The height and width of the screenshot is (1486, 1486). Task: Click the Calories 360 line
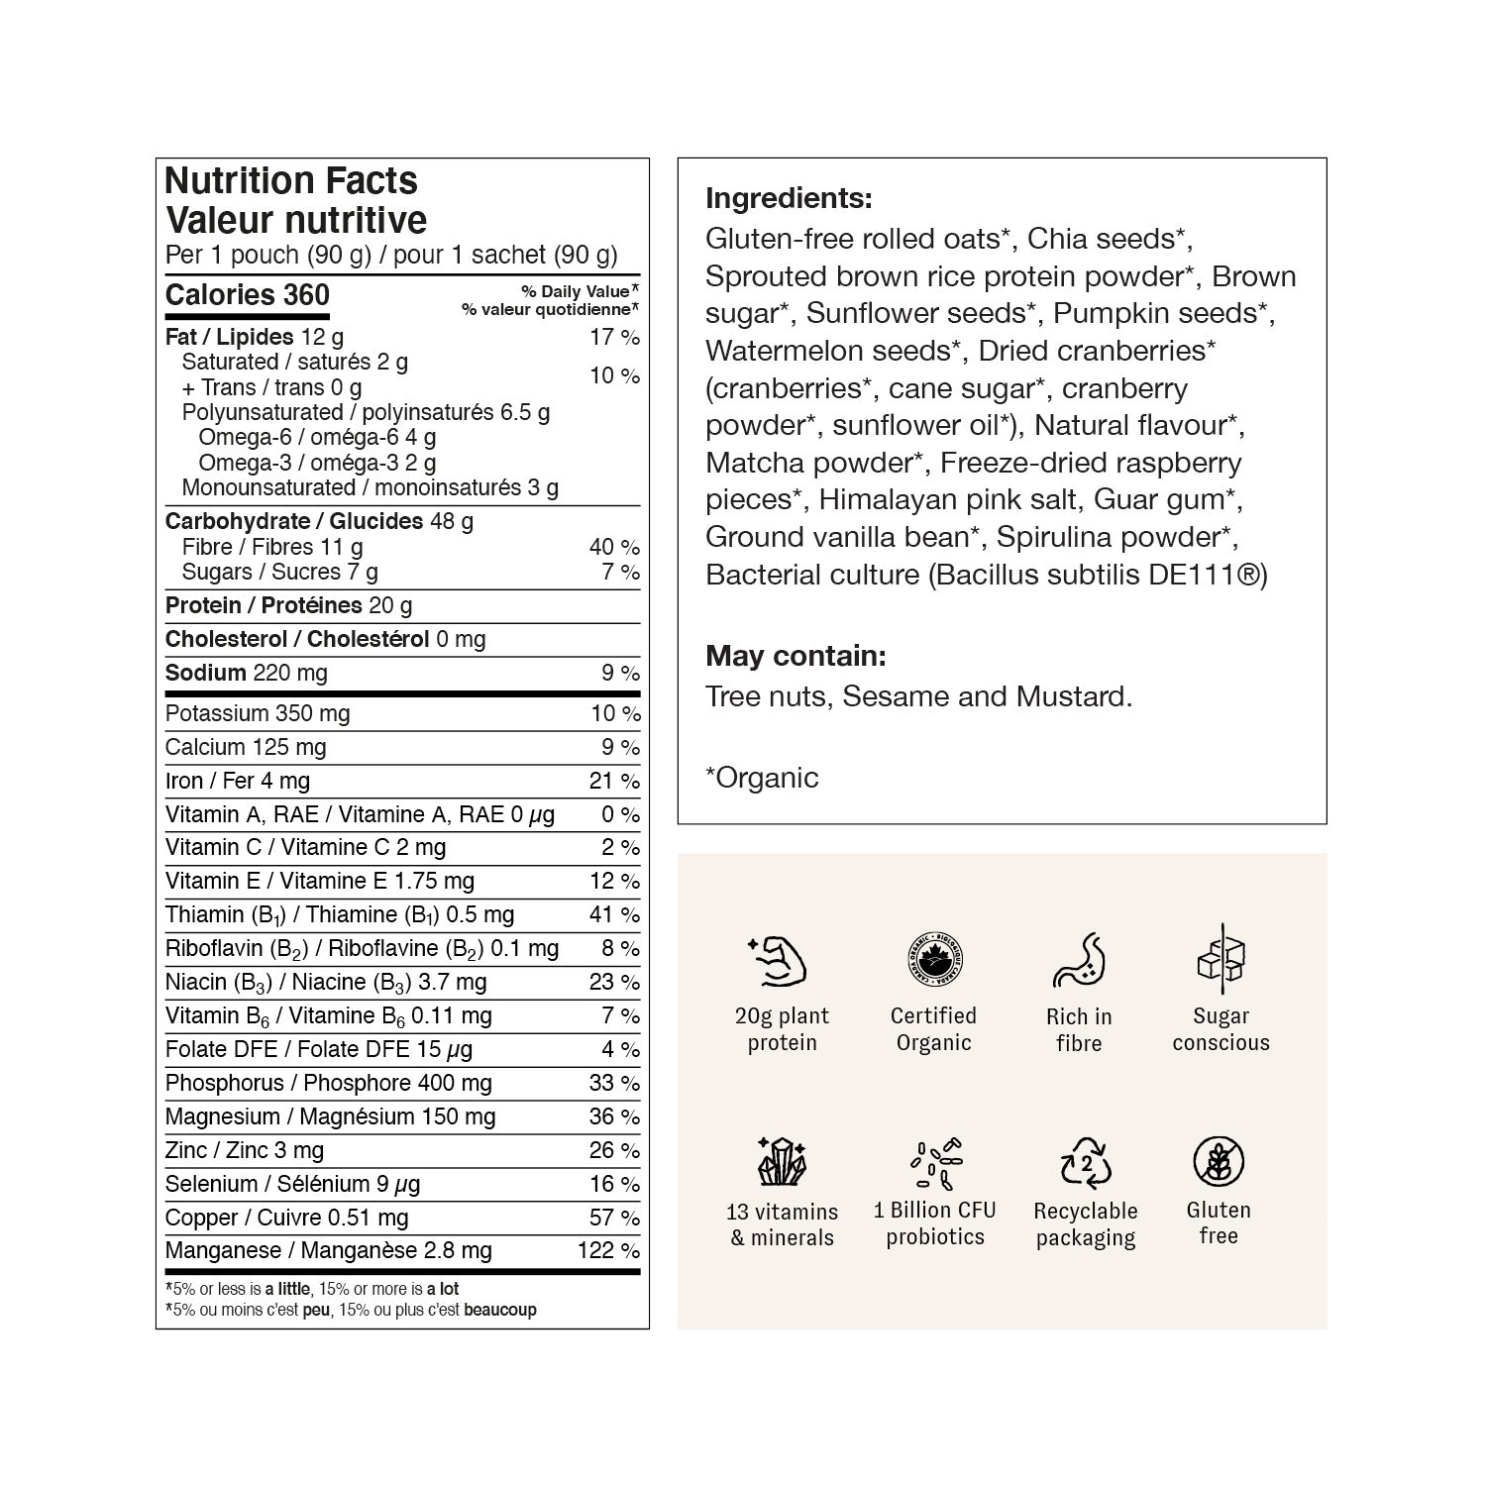(x=248, y=295)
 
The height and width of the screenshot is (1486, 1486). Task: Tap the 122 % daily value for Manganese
(x=608, y=1250)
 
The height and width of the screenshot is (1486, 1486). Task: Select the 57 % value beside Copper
(x=614, y=1218)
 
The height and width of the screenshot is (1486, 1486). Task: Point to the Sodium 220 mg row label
(x=246, y=673)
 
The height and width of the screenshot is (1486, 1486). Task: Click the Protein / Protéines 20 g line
(x=288, y=605)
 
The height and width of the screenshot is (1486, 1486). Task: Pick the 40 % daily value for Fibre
(x=614, y=547)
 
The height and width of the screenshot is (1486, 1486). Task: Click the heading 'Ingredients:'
(x=789, y=198)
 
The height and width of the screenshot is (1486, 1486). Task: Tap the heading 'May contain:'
(x=796, y=656)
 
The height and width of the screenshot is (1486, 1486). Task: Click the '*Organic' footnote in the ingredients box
(x=762, y=778)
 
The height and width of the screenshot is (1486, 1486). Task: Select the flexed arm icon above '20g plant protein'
(x=779, y=961)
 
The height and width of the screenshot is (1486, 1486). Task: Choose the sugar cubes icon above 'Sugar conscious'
(x=1221, y=956)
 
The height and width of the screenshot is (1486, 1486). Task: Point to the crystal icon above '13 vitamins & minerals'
(x=782, y=1161)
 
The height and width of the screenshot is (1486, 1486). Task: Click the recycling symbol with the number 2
(x=1086, y=1161)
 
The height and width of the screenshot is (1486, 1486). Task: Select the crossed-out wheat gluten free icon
(x=1219, y=1161)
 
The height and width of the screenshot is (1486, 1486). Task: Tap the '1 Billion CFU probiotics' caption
(x=935, y=1223)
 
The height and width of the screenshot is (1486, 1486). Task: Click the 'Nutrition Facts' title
(x=291, y=181)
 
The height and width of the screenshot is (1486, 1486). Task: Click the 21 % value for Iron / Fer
(x=614, y=781)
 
